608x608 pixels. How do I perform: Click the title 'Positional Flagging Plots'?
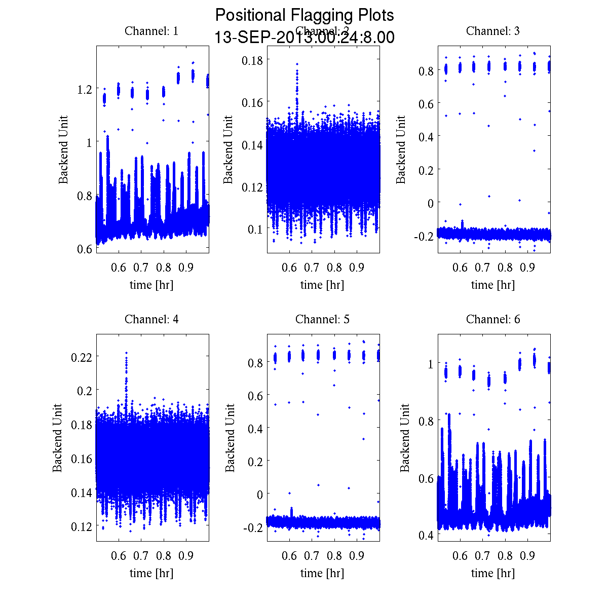point(305,15)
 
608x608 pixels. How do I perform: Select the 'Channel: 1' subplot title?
point(151,31)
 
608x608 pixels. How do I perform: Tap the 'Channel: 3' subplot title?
point(493,31)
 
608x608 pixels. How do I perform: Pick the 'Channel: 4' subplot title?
point(151,319)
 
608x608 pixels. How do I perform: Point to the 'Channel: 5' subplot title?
point(322,319)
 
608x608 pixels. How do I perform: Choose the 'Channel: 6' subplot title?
point(493,319)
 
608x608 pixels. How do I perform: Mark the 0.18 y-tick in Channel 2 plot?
point(252,60)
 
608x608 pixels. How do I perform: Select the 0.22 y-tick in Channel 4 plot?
point(81,357)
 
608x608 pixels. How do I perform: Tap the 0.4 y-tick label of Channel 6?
point(426,535)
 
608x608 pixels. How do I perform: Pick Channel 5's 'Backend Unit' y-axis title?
point(231,438)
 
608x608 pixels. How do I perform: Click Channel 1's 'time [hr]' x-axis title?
point(151,285)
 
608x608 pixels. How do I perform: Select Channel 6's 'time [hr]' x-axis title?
point(493,573)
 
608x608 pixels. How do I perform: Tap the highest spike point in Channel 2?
point(297,64)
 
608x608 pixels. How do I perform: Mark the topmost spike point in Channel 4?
point(126,353)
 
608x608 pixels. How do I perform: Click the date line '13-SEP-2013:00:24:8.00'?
point(305,37)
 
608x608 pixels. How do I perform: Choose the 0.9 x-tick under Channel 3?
point(528,268)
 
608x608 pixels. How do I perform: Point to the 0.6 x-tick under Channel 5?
point(289,556)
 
